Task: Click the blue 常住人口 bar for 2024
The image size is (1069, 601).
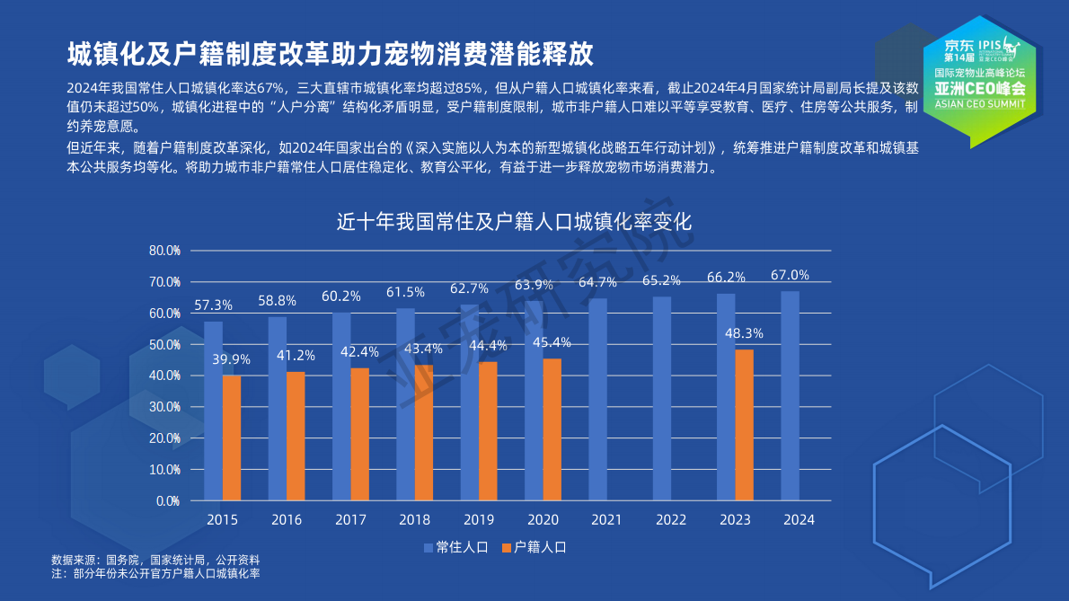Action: pyautogui.click(x=790, y=395)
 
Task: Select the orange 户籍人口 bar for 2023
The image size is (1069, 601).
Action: pyautogui.click(x=744, y=424)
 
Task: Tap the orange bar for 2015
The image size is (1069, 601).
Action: pyautogui.click(x=232, y=437)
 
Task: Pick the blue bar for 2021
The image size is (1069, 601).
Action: pyautogui.click(x=597, y=399)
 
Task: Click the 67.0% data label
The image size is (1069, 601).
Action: pyautogui.click(x=790, y=275)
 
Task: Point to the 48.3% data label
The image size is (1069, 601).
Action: pyautogui.click(x=744, y=333)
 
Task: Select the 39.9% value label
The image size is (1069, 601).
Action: pyautogui.click(x=232, y=359)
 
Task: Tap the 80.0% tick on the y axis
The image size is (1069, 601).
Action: pyautogui.click(x=164, y=251)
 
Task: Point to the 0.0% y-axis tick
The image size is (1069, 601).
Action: pyautogui.click(x=167, y=500)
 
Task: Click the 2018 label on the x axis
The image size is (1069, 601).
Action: pyautogui.click(x=414, y=520)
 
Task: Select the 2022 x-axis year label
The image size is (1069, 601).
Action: pyautogui.click(x=671, y=520)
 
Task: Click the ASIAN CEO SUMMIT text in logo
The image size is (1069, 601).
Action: pyautogui.click(x=979, y=103)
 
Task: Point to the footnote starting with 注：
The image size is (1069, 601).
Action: pyautogui.click(x=155, y=572)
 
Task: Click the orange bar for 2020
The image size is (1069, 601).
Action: pyautogui.click(x=552, y=429)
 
